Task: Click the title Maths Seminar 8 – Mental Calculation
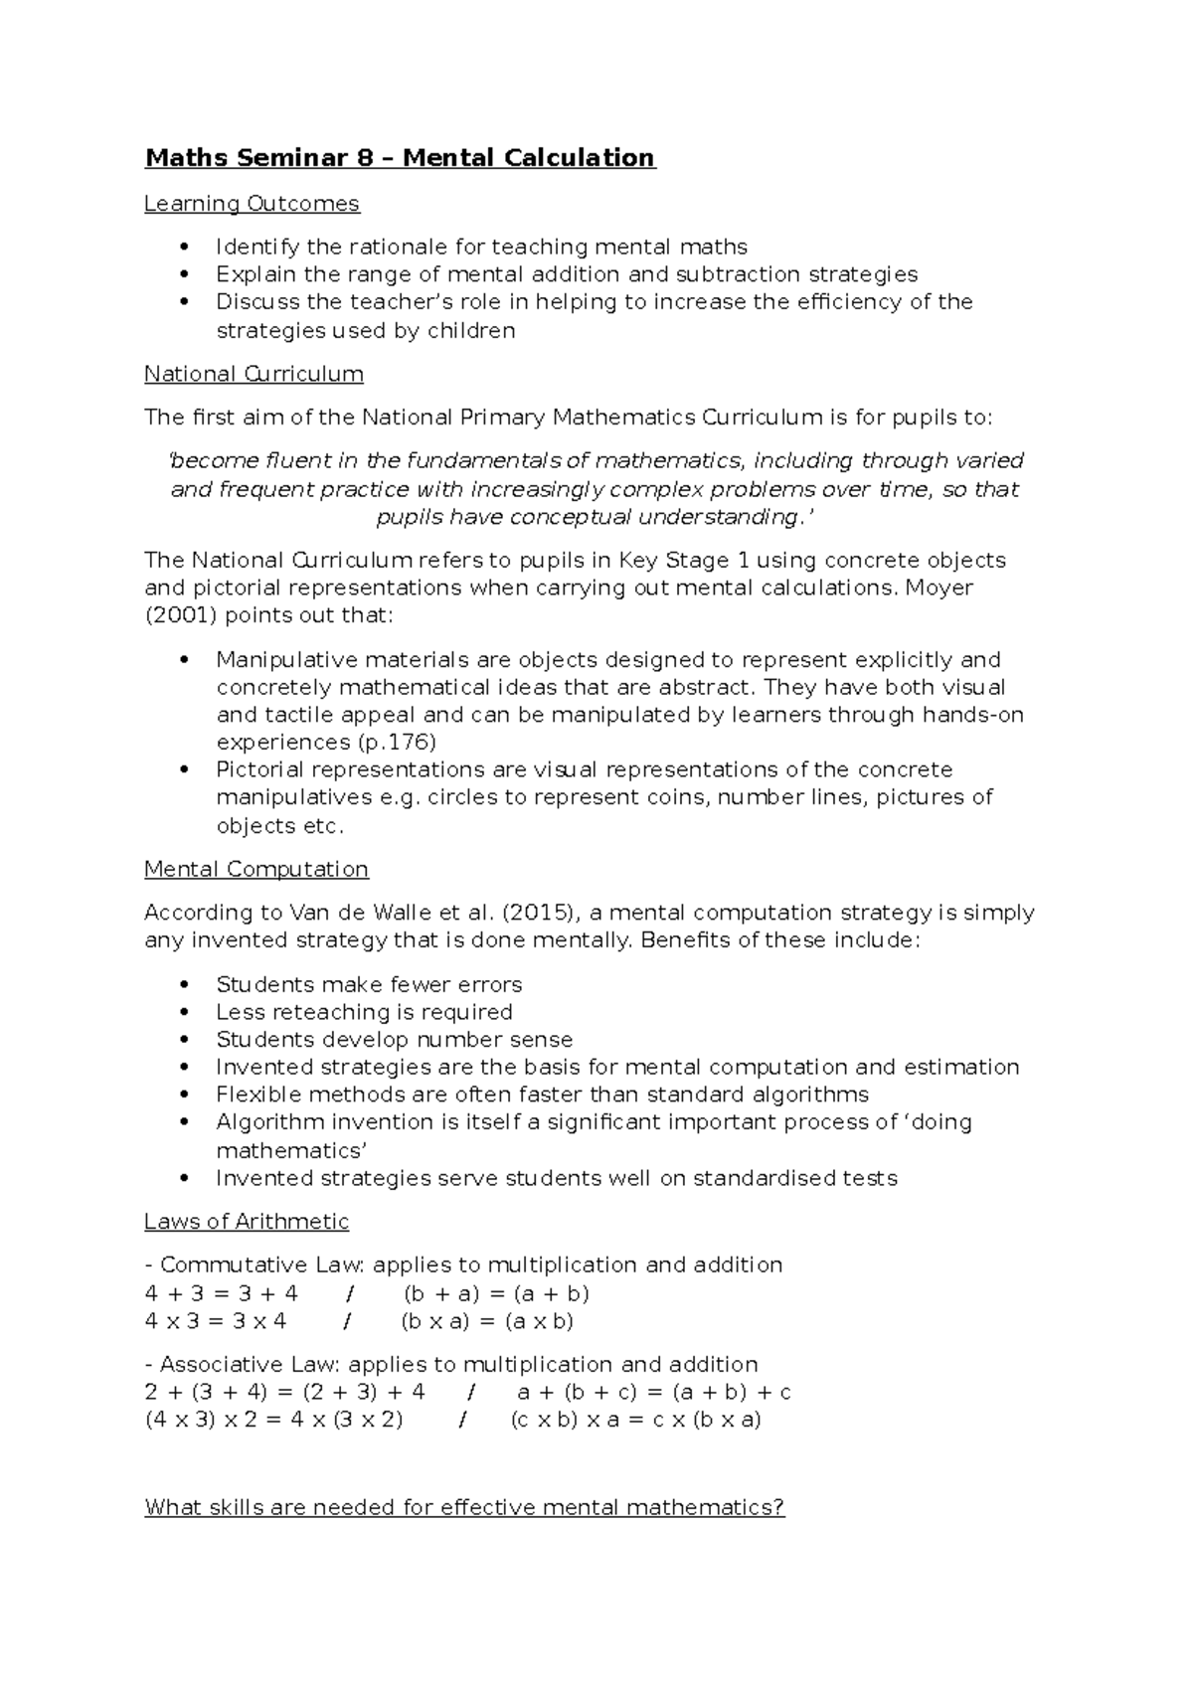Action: (x=400, y=158)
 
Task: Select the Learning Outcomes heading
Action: (x=252, y=204)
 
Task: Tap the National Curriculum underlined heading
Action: (x=254, y=374)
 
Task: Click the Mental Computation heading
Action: (x=256, y=869)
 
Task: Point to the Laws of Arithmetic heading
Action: (x=247, y=1221)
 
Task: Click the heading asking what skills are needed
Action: (x=464, y=1507)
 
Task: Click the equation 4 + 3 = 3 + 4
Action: (x=221, y=1293)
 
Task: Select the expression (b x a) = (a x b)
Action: (x=487, y=1321)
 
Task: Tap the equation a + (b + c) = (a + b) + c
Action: (x=654, y=1392)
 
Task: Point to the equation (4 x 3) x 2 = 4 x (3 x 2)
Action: (x=273, y=1420)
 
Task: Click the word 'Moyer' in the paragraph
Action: (x=939, y=588)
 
